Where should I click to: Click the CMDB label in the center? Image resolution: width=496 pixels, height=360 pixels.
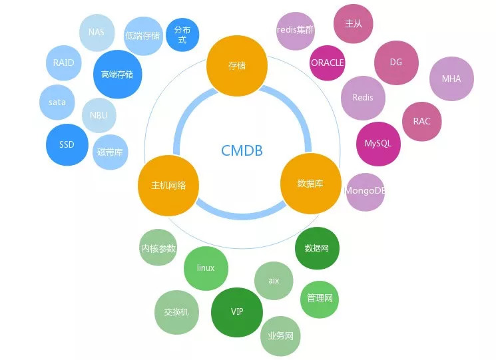click(x=242, y=150)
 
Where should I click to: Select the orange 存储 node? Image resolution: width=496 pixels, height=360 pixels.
click(x=237, y=66)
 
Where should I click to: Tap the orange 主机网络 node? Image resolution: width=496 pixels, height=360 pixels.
click(x=169, y=185)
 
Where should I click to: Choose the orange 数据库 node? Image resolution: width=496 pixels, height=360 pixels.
click(x=310, y=183)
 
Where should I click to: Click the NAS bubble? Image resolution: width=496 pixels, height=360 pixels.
click(x=96, y=31)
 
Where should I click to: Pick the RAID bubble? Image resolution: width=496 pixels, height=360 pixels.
click(x=64, y=63)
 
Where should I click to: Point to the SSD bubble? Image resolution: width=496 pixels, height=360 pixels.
click(x=67, y=144)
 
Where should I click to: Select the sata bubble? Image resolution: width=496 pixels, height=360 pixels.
click(x=57, y=102)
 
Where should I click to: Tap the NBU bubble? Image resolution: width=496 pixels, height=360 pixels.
click(x=99, y=115)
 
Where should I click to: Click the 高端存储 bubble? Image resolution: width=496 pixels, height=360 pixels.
click(x=117, y=75)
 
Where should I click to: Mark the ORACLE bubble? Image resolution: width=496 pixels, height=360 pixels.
click(x=328, y=63)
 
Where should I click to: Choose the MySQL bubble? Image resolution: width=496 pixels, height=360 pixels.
click(x=378, y=143)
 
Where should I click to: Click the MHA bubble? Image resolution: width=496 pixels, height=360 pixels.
click(x=451, y=79)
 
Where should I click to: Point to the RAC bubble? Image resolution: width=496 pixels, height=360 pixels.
click(x=421, y=121)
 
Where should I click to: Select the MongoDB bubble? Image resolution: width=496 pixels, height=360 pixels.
click(x=366, y=191)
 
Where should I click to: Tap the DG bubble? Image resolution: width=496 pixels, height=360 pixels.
click(x=396, y=63)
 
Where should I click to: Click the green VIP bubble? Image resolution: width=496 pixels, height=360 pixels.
click(x=237, y=311)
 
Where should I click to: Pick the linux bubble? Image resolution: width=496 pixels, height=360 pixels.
click(x=206, y=268)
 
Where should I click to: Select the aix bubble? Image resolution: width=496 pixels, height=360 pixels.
click(x=274, y=280)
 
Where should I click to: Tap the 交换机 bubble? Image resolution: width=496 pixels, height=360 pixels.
click(x=176, y=311)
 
